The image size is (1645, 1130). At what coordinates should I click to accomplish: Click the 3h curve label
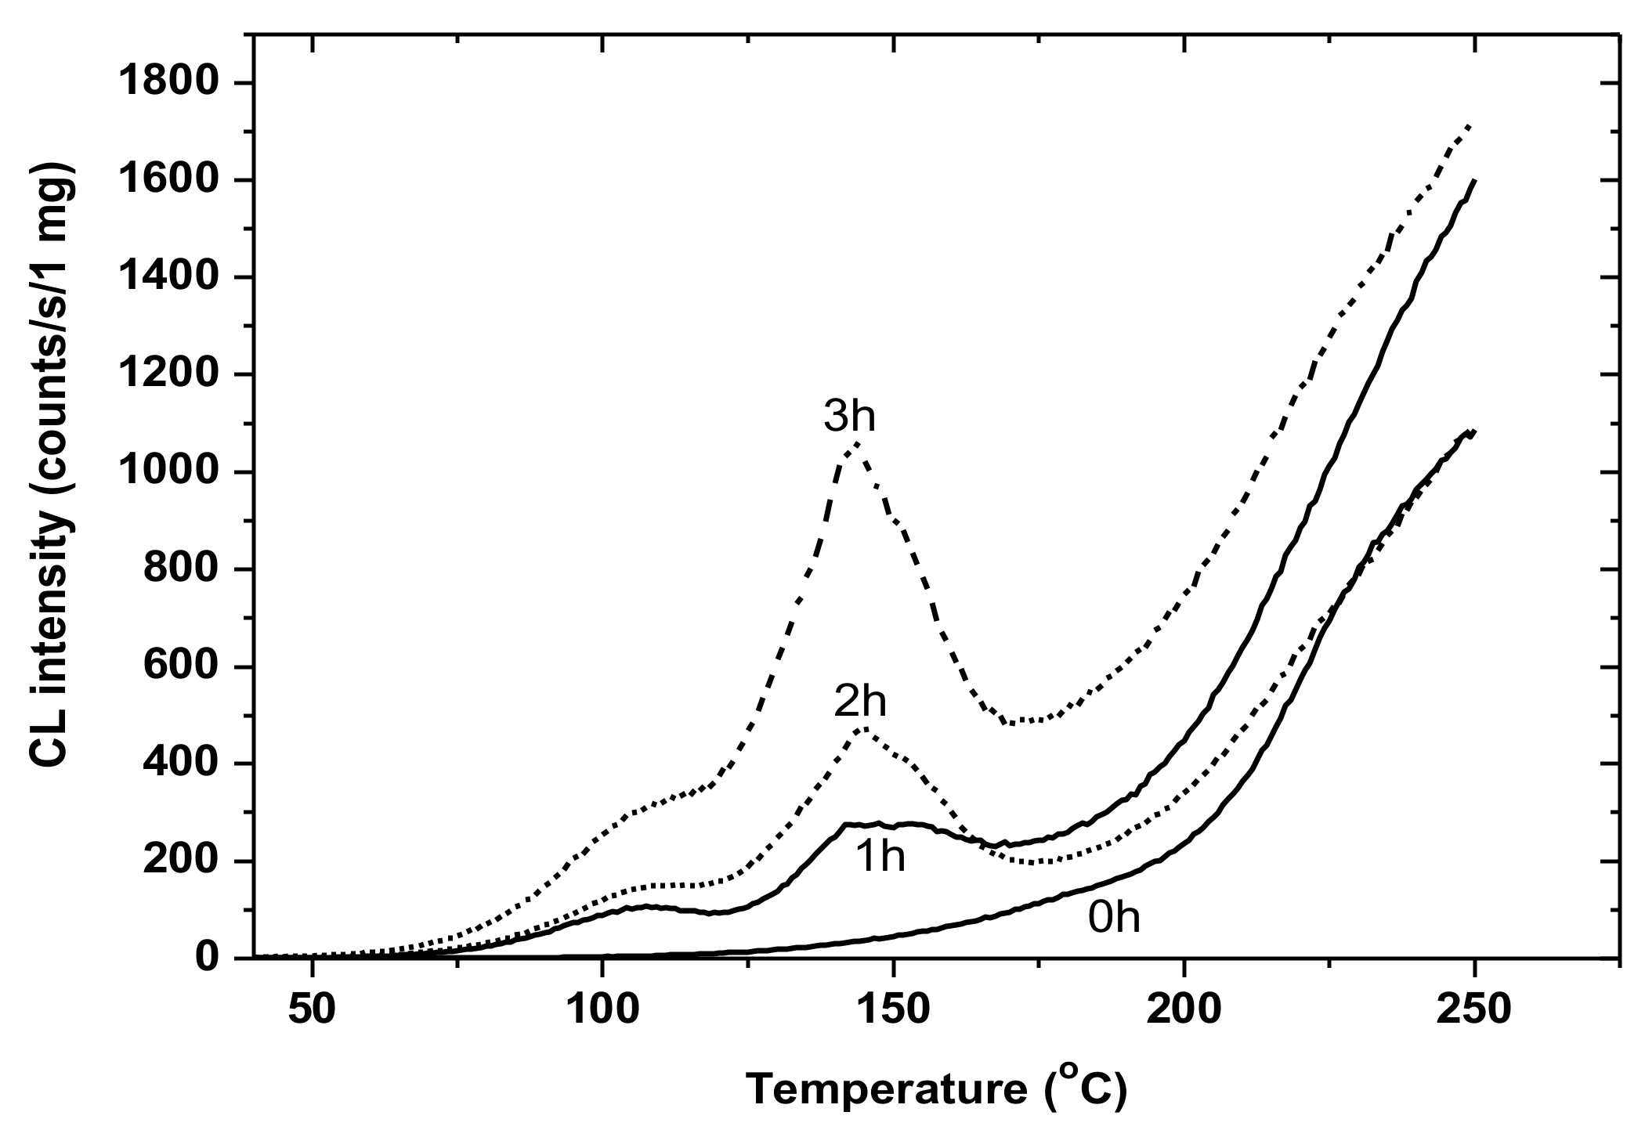pos(849,417)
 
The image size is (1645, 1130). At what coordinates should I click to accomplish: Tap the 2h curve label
pos(860,702)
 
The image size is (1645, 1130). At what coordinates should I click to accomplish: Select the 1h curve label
pos(880,857)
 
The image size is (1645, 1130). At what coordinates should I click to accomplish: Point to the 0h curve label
pos(1114,917)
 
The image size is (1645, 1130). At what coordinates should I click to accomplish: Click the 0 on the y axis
pos(207,958)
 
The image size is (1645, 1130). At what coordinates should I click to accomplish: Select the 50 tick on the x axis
pos(313,1009)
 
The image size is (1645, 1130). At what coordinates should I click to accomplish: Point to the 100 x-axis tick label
pos(602,1009)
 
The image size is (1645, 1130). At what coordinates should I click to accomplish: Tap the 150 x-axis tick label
pos(892,1009)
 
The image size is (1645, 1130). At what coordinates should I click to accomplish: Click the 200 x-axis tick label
pos(1183,1009)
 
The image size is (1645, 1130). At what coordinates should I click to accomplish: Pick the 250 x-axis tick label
pos(1473,1009)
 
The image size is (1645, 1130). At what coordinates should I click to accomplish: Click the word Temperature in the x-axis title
pos(885,1090)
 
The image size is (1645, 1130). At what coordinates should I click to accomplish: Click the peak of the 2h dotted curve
pos(862,728)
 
